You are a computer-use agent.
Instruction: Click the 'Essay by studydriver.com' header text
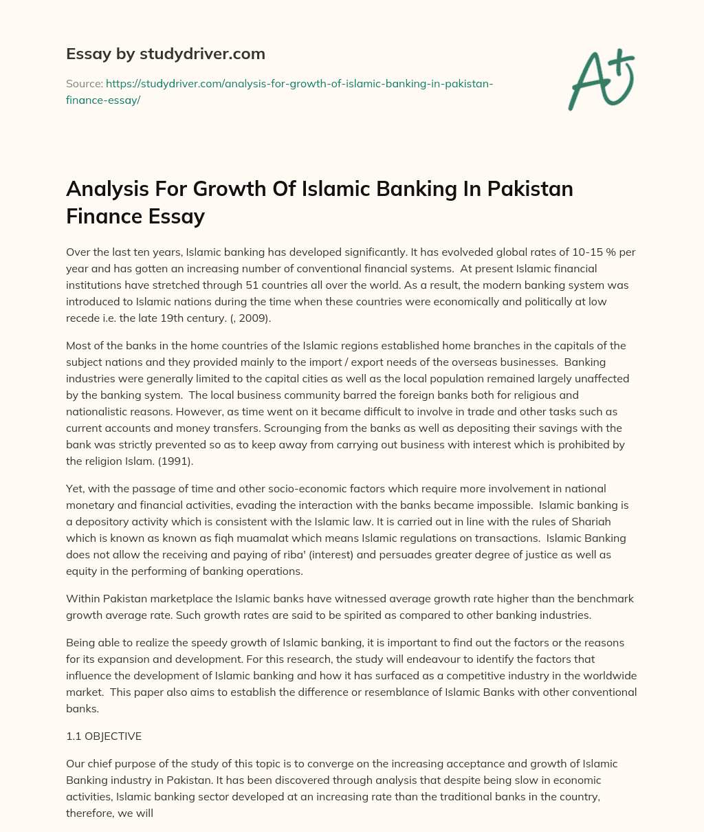(165, 54)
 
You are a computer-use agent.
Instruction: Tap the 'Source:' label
(85, 83)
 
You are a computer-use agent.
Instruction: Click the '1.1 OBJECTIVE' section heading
(104, 736)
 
